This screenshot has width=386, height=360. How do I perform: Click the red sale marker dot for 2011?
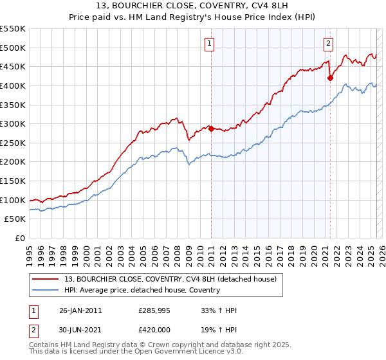(x=211, y=129)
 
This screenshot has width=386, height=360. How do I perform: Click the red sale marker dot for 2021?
(x=330, y=78)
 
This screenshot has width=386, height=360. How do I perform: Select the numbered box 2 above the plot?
(x=328, y=44)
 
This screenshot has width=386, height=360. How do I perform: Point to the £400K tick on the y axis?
(x=13, y=85)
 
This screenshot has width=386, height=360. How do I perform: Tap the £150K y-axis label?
(x=13, y=181)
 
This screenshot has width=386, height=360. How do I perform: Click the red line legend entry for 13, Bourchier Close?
(x=170, y=279)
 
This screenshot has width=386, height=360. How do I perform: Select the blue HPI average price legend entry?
(x=142, y=290)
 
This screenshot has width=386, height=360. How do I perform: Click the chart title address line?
(x=193, y=7)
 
